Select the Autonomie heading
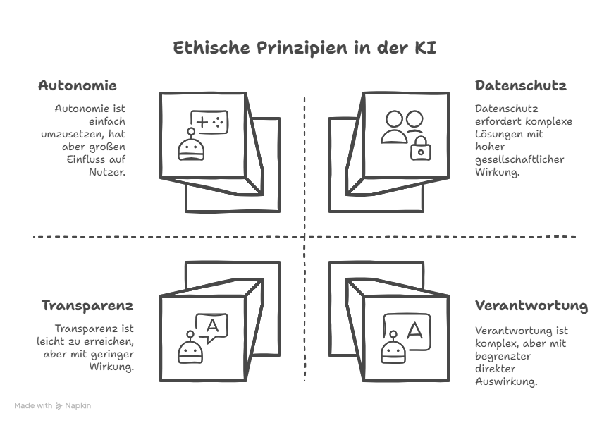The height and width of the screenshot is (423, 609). [77, 86]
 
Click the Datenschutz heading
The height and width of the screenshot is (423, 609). [521, 86]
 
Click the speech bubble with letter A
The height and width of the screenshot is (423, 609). [211, 326]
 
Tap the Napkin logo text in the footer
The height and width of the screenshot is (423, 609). [78, 406]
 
